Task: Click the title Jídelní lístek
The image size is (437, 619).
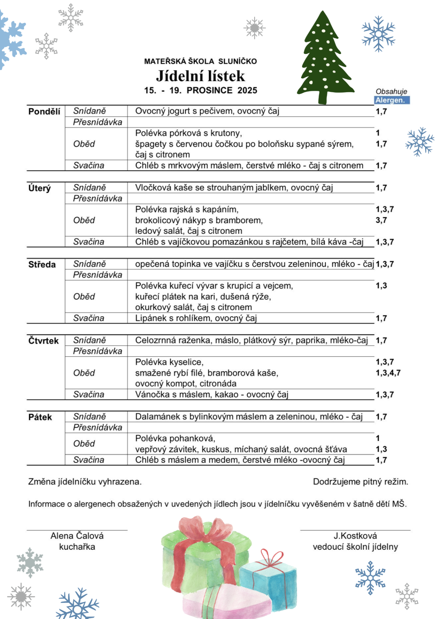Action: coord(200,76)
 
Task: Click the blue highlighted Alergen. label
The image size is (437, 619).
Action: coord(392,100)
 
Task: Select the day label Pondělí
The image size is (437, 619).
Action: coord(44,112)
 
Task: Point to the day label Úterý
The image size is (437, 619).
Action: coord(40,188)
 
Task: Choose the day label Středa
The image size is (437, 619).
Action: coord(42,264)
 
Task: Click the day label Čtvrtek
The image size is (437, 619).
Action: coord(43,341)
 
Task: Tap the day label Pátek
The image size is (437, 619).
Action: coord(40,417)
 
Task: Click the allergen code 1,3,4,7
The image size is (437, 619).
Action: coord(388,373)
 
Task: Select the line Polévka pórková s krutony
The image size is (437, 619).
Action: coord(188,133)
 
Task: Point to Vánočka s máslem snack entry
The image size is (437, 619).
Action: coord(212,394)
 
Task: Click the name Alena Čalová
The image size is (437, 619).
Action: coord(77,536)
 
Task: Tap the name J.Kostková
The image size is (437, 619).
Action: coord(355,536)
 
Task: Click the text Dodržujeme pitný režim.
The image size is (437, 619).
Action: coord(360,482)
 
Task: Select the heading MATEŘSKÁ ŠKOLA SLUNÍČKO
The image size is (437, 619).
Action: coord(200,61)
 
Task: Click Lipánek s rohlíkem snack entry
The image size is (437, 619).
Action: coord(196,318)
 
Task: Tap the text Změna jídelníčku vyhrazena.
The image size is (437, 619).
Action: coord(85,482)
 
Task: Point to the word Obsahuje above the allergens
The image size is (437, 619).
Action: coord(391,92)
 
